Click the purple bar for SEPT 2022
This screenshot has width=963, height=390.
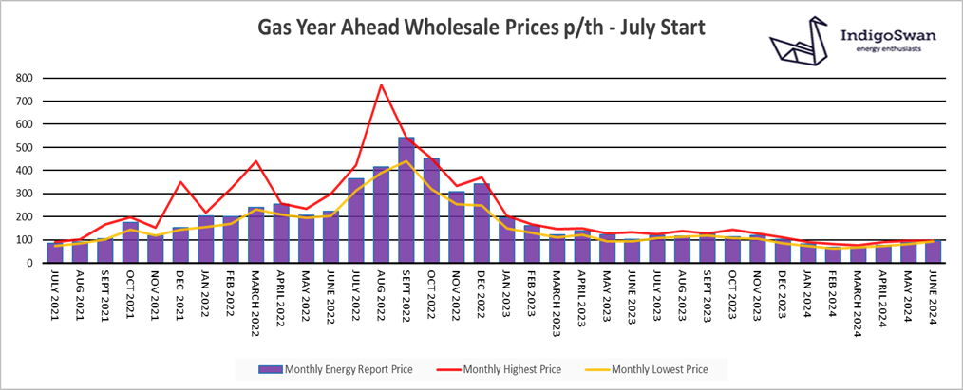point(406,200)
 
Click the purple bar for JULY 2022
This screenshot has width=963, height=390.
point(356,220)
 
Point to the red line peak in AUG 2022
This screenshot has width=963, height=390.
point(381,84)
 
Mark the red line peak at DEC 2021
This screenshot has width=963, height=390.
point(180,181)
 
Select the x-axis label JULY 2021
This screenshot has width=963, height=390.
point(55,296)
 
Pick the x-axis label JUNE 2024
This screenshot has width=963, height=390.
point(934,296)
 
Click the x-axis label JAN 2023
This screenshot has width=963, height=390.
point(507,294)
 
